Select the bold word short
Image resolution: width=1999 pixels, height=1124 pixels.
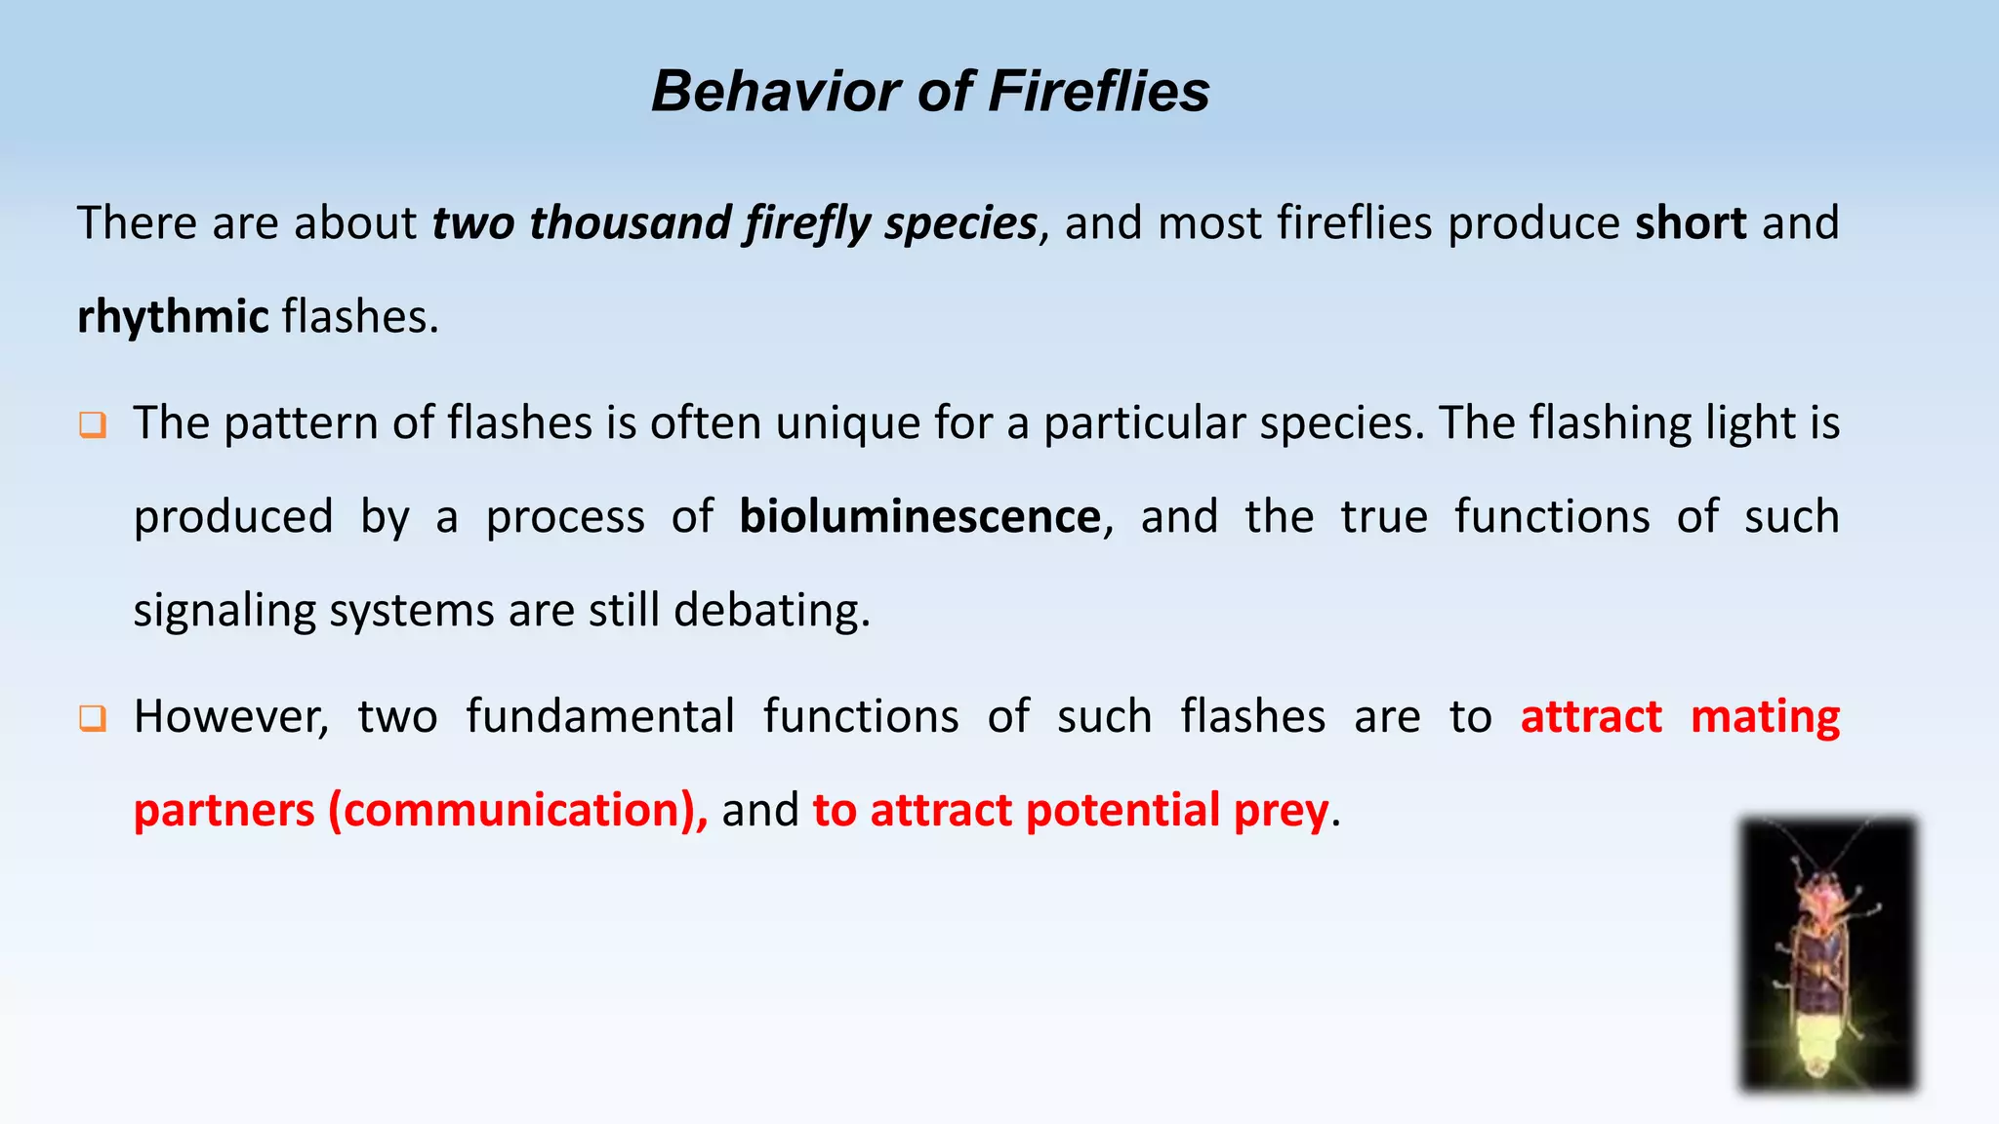point(1691,223)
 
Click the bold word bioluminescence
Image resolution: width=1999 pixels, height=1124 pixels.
point(919,517)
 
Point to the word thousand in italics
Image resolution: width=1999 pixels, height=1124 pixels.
point(629,223)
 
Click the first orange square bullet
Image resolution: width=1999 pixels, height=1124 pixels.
point(93,425)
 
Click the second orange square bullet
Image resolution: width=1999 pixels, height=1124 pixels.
point(93,719)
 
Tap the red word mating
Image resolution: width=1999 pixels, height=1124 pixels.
point(1765,717)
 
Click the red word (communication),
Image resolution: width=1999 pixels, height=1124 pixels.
point(518,811)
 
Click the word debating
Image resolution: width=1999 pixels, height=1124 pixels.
point(771,612)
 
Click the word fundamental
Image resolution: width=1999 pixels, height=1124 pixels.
point(599,717)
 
